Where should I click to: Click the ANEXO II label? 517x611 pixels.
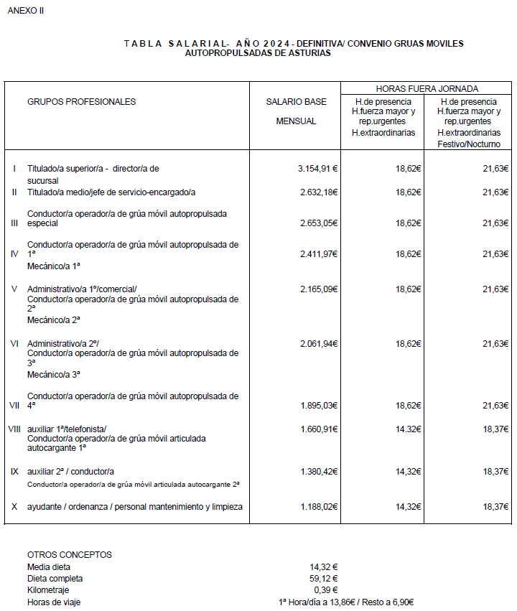[x=26, y=11]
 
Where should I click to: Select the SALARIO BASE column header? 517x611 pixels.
[x=296, y=102]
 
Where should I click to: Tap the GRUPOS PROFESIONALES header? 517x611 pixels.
[x=81, y=102]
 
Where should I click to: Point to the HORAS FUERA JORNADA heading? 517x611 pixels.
[x=427, y=89]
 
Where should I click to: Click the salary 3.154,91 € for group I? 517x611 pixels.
[x=317, y=169]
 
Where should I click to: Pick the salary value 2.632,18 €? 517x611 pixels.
[x=317, y=192]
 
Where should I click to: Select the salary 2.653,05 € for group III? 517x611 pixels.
[x=317, y=223]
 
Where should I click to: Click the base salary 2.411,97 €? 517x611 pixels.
[x=317, y=254]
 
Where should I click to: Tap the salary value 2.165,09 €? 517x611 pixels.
[x=317, y=289]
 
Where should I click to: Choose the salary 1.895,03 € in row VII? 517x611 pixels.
[x=317, y=406]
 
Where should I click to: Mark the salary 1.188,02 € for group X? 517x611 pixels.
[x=317, y=507]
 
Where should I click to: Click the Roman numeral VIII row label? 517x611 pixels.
[x=14, y=429]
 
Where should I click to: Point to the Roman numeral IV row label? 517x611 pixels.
[x=14, y=254]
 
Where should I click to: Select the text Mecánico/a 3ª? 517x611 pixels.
[x=54, y=374]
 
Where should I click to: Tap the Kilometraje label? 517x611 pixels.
[x=49, y=590]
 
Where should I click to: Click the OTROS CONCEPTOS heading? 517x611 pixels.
[x=70, y=554]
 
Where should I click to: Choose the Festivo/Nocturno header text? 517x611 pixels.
[x=469, y=144]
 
